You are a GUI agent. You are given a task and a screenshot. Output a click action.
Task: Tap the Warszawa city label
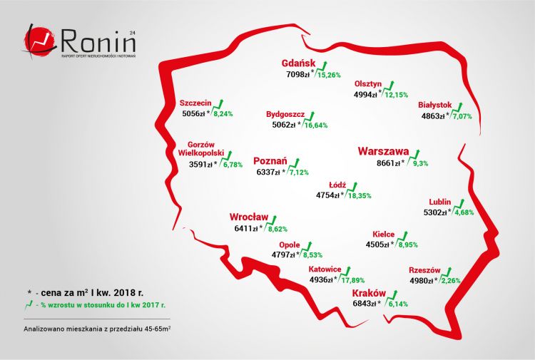[x=383, y=151]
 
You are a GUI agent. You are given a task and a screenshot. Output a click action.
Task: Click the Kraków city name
[x=369, y=293]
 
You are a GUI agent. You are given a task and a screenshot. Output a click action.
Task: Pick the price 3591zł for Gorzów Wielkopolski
[x=200, y=164]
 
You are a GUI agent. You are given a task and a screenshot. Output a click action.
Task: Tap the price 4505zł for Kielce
[x=374, y=245]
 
